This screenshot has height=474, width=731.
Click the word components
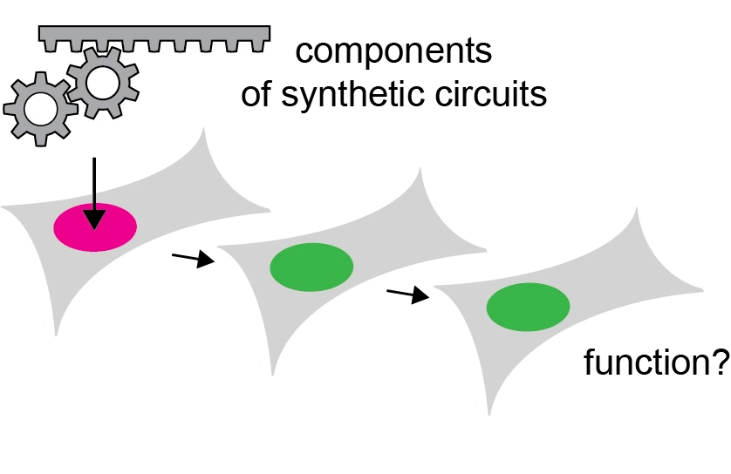point(393,51)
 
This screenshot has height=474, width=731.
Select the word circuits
point(493,93)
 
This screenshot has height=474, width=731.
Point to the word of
point(256,93)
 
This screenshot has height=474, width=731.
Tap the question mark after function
point(720,362)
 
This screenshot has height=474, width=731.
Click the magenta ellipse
point(95,227)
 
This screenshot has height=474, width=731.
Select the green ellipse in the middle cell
point(311,267)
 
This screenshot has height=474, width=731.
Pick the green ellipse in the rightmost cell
point(528,308)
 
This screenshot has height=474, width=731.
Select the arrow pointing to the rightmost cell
point(408,295)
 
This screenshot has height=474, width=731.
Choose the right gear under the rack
point(103,82)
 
